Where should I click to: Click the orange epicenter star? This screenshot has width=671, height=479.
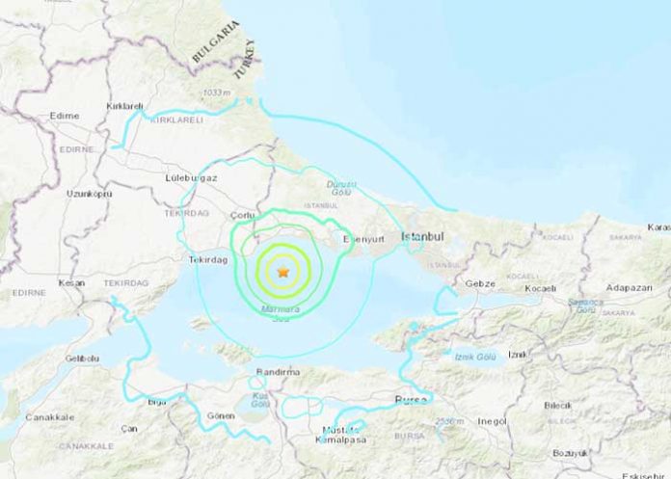tap(282, 273)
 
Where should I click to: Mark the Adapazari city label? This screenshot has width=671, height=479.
tap(630, 287)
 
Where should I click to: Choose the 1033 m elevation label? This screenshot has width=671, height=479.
tap(216, 93)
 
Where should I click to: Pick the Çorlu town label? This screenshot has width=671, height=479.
tap(241, 216)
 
